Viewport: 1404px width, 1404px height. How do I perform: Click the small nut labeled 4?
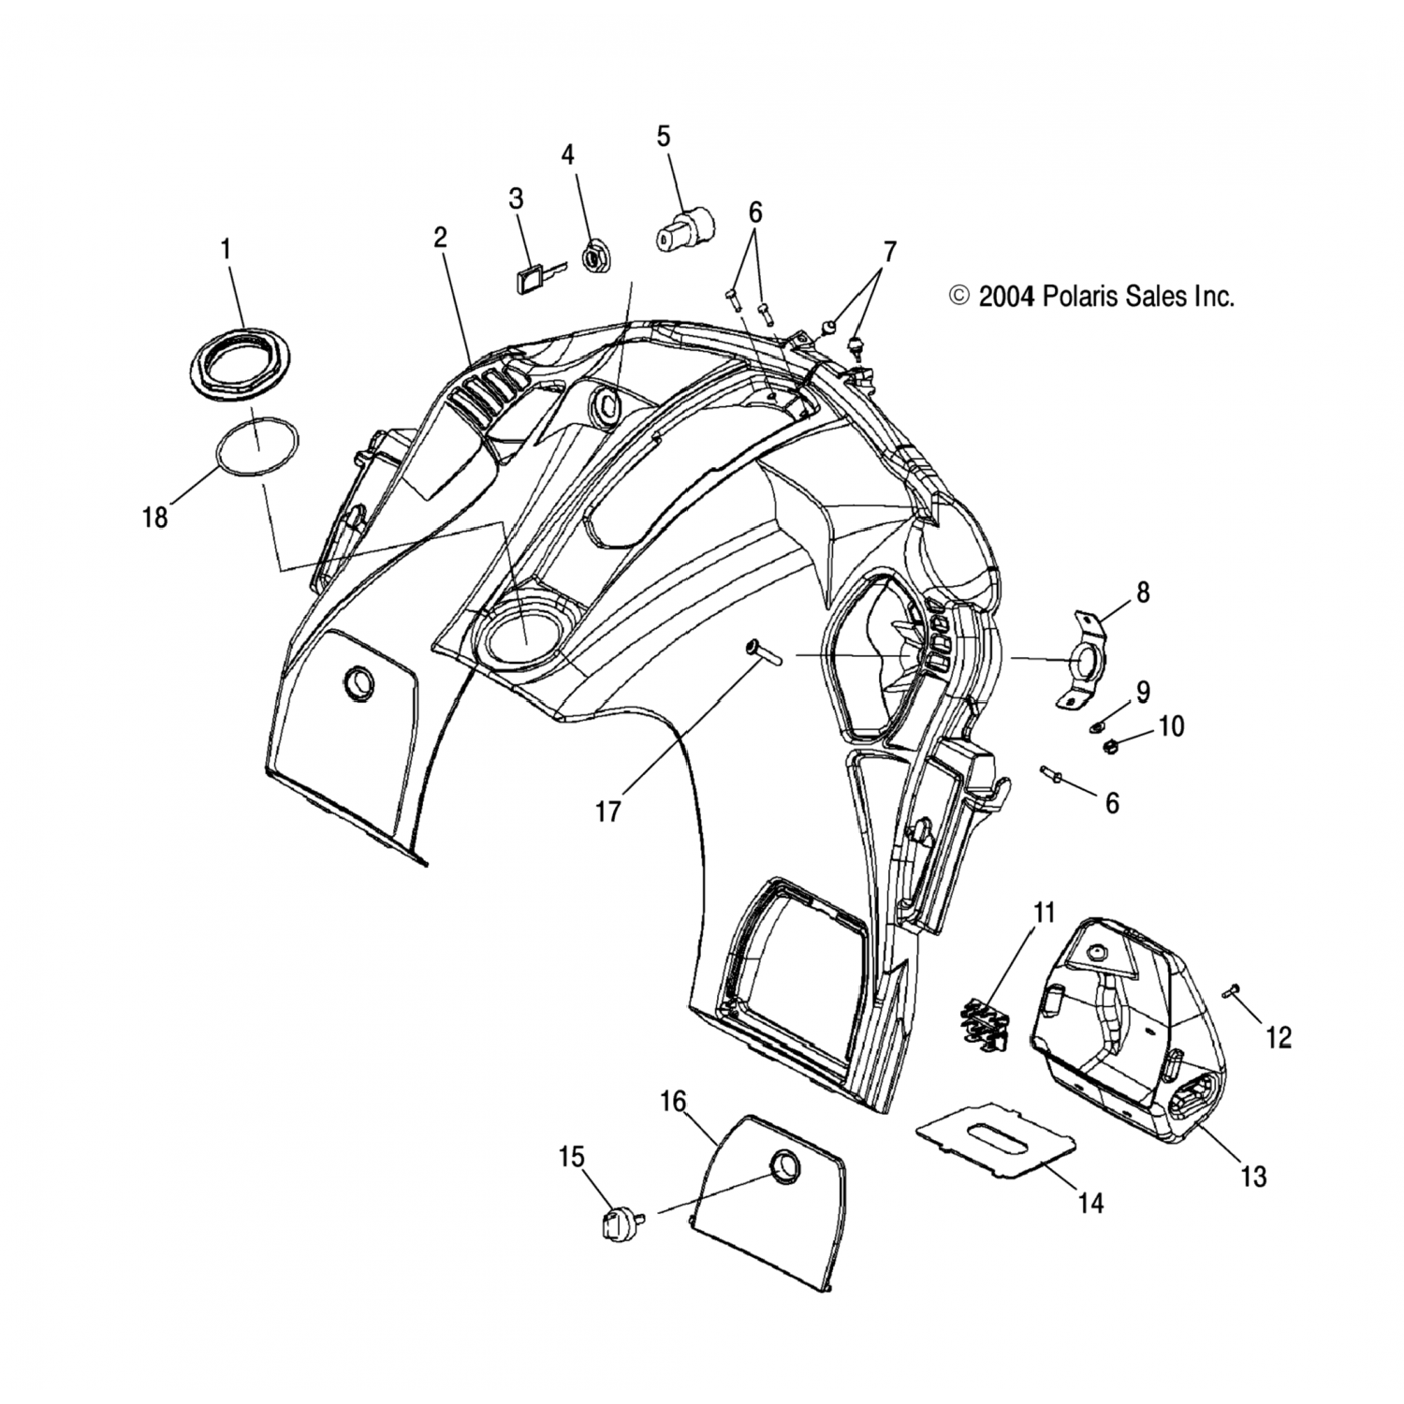click(x=592, y=256)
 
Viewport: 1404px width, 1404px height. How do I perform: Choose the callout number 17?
click(x=608, y=811)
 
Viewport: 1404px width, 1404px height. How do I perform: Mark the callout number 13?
click(x=1253, y=1176)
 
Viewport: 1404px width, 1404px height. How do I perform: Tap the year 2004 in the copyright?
click(x=1006, y=298)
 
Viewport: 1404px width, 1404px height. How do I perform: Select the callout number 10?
click(x=1171, y=726)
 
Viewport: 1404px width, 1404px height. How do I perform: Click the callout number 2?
click(x=440, y=238)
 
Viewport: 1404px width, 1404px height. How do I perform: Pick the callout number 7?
click(x=889, y=252)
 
